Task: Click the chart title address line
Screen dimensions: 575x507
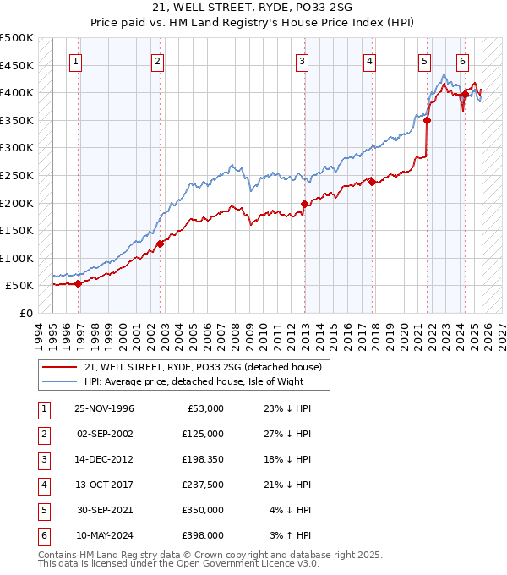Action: pos(253,8)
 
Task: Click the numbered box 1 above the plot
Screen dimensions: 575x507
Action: pos(77,61)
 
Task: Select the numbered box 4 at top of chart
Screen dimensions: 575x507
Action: pos(370,61)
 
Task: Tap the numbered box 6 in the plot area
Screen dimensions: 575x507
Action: pos(462,61)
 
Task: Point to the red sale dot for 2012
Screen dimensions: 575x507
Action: pos(304,204)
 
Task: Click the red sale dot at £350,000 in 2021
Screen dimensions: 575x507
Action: pos(428,120)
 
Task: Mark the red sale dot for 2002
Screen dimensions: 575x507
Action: pos(159,244)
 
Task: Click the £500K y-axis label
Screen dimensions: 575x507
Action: pos(17,38)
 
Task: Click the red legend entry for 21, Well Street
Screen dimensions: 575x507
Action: pos(203,368)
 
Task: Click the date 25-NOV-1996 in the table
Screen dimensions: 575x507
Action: pos(104,408)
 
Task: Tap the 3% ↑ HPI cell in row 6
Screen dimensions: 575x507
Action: pos(292,535)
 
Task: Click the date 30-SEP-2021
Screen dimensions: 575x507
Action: pos(104,510)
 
